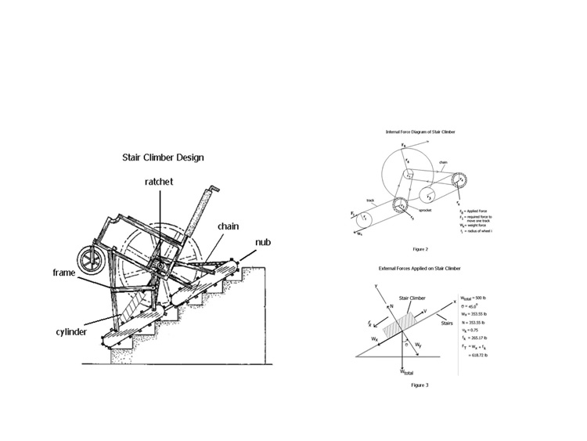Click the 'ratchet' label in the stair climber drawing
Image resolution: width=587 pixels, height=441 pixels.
[x=158, y=182]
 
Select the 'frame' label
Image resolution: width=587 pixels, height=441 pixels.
[x=64, y=272]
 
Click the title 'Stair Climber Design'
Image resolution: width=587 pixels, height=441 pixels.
[x=162, y=157]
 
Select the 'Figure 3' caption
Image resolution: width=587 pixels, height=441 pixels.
[x=421, y=385]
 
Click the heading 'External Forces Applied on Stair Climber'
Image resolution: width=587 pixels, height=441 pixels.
[x=420, y=269]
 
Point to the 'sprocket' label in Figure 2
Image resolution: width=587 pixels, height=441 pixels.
[x=423, y=211]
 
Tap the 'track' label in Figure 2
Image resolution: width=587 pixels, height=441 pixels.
[x=371, y=200]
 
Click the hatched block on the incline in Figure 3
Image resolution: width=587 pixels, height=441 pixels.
[x=402, y=320]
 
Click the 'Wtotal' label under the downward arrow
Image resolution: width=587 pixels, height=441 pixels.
[x=405, y=374]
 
